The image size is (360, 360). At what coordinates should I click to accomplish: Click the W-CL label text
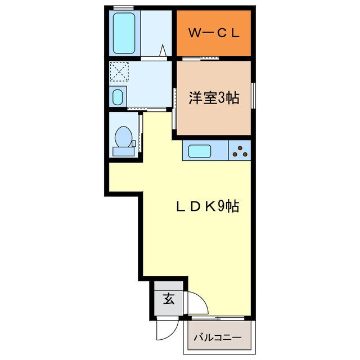214,33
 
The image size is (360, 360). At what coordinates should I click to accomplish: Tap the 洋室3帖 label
214,98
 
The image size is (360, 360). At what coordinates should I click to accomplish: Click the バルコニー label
217,337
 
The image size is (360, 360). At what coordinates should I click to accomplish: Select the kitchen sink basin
200,151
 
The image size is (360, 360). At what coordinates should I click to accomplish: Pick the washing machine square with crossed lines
119,72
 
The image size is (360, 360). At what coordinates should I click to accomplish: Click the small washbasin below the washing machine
118,97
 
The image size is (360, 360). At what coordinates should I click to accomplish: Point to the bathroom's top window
123,7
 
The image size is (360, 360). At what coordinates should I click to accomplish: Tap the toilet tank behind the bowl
122,151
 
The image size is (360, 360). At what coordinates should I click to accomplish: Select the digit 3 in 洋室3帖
221,98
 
